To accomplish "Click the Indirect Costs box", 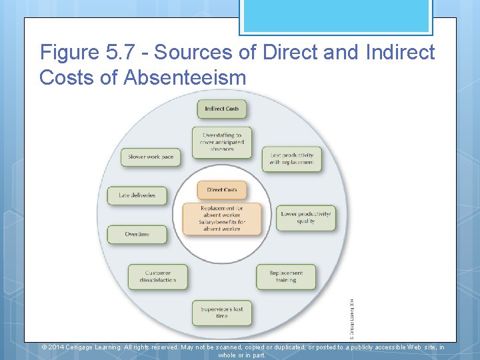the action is coord(222,109).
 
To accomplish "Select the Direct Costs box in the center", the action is coord(222,190).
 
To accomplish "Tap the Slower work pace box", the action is coord(151,157).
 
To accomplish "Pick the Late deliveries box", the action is coord(137,195).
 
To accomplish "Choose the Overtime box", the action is coord(137,234).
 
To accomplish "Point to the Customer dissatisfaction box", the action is coord(157,277).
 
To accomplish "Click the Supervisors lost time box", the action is coord(222,313).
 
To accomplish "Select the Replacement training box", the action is coord(286,277).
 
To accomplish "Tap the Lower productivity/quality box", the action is coord(306,217).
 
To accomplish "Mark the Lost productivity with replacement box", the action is coord(291,159).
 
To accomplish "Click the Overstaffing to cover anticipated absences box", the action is coord(222,142).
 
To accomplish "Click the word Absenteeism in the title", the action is coord(185,77).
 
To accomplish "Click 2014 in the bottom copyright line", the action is coord(57,347).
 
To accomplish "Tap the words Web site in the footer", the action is coord(413,347).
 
